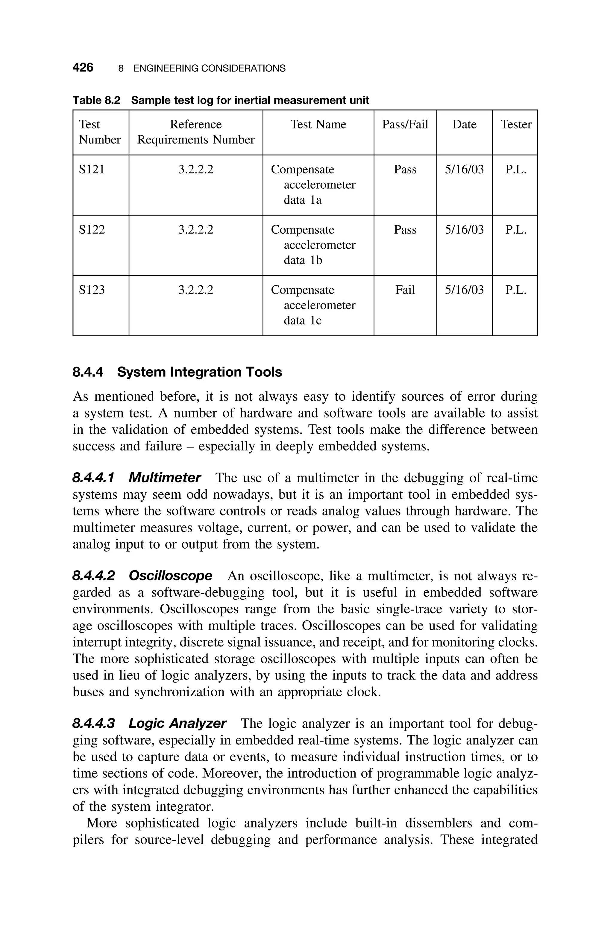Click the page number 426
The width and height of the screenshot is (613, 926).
coord(83,68)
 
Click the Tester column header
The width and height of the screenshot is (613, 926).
coord(516,124)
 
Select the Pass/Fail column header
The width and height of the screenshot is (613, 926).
coord(405,124)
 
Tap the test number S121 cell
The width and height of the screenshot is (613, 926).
coord(92,169)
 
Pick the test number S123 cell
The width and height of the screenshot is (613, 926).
coord(92,290)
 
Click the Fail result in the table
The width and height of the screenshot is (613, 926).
coord(405,290)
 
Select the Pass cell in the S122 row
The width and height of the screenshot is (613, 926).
coord(405,229)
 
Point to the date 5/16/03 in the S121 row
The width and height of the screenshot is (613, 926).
coord(464,169)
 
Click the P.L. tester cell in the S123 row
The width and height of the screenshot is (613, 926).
coord(516,290)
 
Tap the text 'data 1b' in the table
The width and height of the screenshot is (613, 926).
coord(303,260)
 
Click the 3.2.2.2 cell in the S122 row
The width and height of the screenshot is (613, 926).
coord(196,229)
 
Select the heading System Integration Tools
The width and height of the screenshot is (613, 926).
coord(199,372)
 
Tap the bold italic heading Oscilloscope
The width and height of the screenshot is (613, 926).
coord(170,576)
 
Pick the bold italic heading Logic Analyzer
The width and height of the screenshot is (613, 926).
coord(177,724)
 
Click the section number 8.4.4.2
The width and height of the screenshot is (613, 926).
coord(94,576)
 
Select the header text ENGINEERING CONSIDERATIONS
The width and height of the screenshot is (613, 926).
coord(210,69)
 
